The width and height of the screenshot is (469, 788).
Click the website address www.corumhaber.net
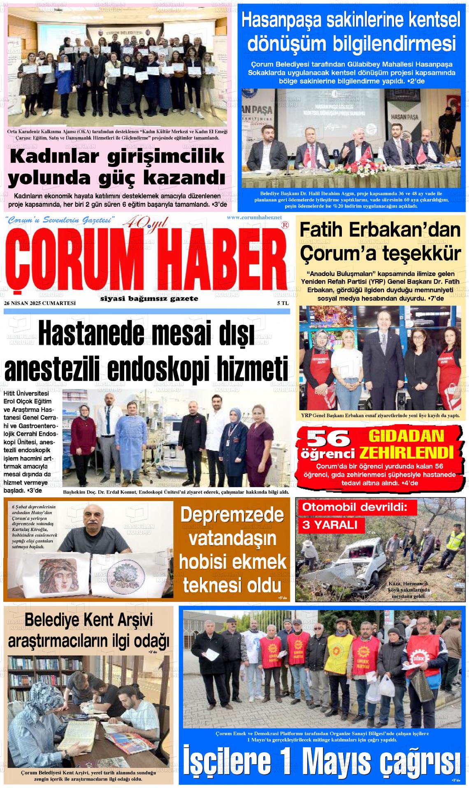[x=254, y=217]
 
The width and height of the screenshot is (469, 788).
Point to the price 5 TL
[x=283, y=303]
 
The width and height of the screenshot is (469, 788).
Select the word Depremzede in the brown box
[x=232, y=515]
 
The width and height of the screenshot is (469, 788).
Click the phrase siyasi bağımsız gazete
[x=149, y=299]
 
